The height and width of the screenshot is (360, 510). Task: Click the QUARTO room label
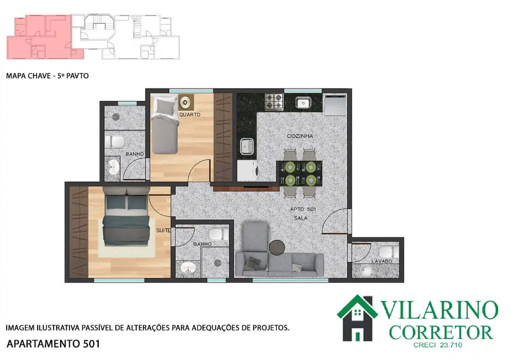[189, 115]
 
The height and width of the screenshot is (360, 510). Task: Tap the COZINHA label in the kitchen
[300, 136]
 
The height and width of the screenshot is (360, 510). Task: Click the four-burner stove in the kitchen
[274, 102]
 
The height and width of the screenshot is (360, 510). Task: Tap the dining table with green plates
[299, 173]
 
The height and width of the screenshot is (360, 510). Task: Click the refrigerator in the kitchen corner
[335, 105]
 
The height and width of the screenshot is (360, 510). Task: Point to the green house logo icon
[357, 317]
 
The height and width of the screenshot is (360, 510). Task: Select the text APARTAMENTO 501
[53, 344]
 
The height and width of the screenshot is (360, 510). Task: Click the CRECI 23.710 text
[438, 345]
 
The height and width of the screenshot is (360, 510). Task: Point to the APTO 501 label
[303, 209]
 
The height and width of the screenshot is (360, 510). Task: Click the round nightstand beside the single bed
[185, 102]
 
